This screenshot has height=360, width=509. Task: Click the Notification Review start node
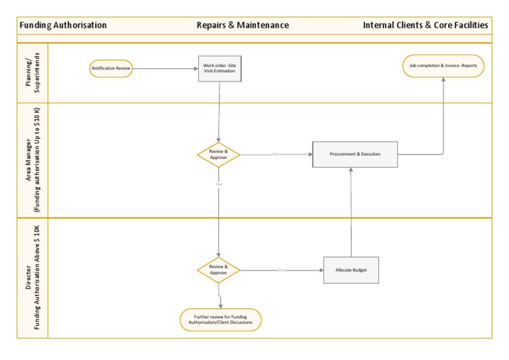click(111, 68)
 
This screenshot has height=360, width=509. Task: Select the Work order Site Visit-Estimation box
click(219, 68)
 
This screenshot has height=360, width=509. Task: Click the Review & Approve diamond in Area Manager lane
click(219, 154)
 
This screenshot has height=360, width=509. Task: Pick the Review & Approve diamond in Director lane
click(219, 270)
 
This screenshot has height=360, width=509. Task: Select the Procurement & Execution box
click(355, 154)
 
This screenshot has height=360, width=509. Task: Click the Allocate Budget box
click(351, 270)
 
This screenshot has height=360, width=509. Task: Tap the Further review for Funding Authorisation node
click(221, 320)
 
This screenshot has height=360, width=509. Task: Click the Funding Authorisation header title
click(63, 25)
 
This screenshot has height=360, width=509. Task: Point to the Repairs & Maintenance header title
click(243, 25)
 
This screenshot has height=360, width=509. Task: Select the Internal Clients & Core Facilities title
click(425, 25)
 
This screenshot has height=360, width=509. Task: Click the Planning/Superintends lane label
click(32, 73)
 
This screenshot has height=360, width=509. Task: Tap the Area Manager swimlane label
click(32, 160)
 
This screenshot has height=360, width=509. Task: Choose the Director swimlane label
click(32, 278)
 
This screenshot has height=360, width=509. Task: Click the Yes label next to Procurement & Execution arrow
click(276, 154)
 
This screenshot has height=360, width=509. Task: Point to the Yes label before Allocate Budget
click(282, 270)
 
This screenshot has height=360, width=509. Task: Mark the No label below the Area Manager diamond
click(218, 184)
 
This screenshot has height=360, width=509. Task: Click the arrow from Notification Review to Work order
click(166, 68)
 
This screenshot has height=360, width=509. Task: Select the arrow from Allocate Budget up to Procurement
click(351, 212)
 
